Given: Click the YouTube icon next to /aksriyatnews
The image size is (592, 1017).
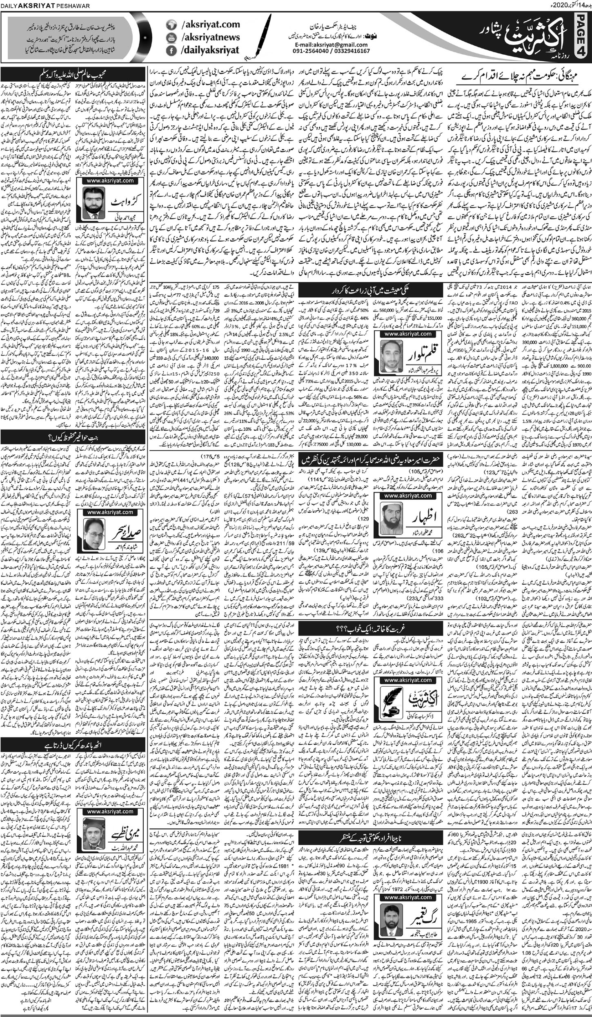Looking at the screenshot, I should (171, 37).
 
